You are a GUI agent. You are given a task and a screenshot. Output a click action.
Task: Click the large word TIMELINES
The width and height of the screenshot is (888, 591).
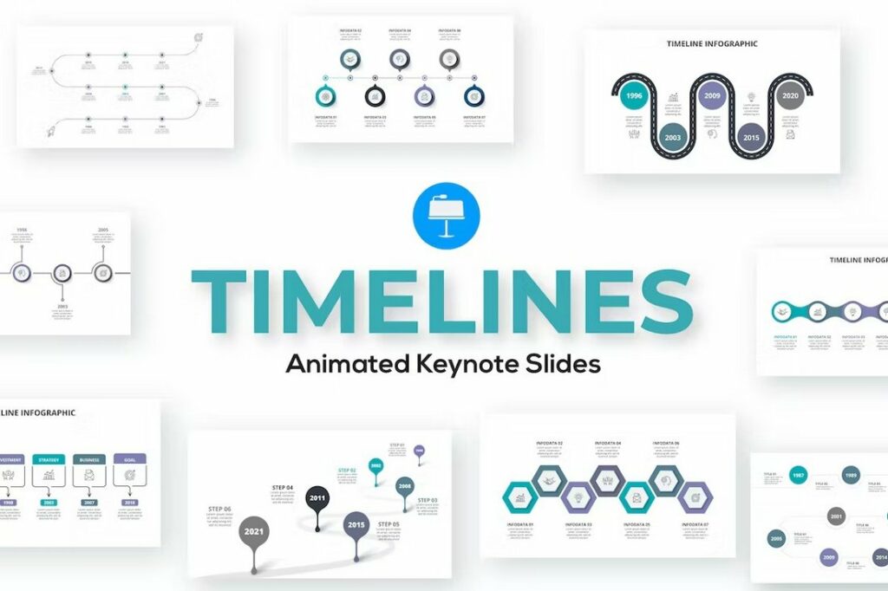pos(442,300)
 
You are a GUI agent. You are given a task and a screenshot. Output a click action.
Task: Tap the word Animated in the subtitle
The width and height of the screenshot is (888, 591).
pos(342,364)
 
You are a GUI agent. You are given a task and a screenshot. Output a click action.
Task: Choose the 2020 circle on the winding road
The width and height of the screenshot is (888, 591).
pos(789,96)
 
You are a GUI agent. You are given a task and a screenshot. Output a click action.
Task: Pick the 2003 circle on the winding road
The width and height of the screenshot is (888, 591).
pos(673,138)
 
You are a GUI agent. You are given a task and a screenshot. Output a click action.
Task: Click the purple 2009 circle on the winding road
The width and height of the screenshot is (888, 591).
pos(712,96)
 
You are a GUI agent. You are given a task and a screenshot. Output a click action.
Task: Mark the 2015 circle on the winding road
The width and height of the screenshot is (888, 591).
pos(750,138)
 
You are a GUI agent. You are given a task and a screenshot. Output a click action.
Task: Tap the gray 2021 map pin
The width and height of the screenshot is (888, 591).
pos(254,530)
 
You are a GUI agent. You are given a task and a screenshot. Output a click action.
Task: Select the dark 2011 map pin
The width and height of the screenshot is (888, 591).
pos(317,498)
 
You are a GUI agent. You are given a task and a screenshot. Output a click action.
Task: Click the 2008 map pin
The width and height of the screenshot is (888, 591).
pos(404,486)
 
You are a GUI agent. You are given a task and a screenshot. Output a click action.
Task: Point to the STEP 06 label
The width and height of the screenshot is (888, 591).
pos(219,509)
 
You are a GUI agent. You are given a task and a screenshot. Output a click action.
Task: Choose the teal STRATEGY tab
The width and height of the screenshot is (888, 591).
pos(49,459)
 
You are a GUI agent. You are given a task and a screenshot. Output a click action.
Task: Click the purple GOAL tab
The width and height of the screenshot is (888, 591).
pos(129,459)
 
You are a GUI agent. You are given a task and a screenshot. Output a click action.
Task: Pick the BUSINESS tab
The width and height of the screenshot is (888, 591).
pos(88,459)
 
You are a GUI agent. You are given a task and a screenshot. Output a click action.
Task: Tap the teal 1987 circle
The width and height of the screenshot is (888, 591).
pos(798,477)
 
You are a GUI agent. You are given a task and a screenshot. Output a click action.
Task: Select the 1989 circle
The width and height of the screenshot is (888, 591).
pos(851,475)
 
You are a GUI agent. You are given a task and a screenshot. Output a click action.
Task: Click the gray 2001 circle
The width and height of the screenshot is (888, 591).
pos(836,516)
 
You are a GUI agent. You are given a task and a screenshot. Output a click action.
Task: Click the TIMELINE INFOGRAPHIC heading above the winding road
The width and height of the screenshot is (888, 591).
pos(712,43)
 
